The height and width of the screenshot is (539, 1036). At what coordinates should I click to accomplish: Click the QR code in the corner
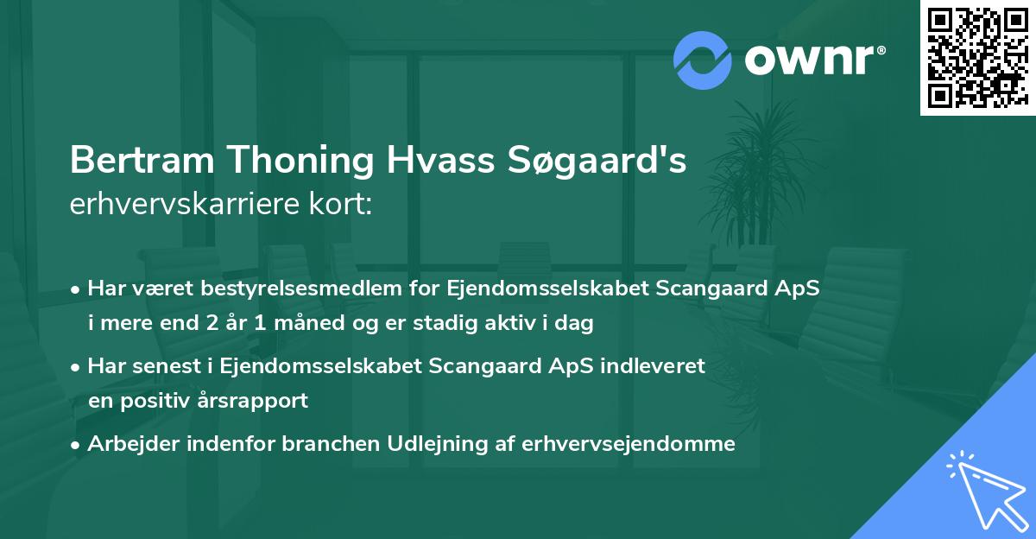(977, 58)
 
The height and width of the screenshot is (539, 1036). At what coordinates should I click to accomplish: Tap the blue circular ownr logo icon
(702, 60)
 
